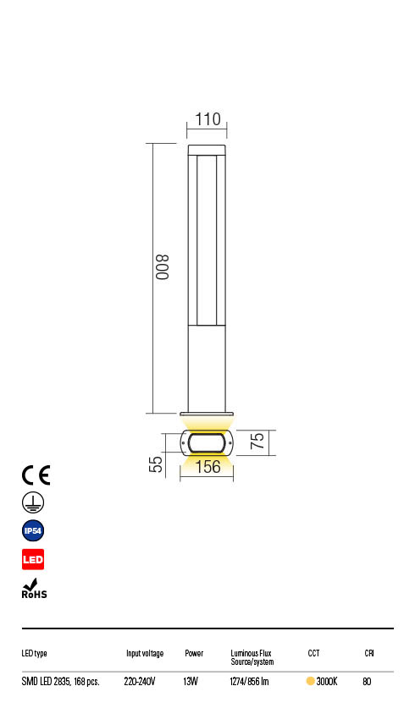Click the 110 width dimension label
(208, 119)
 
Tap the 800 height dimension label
(163, 266)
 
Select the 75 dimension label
(257, 441)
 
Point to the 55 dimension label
(156, 464)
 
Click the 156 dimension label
(208, 467)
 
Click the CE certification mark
(36, 475)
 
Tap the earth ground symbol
(33, 502)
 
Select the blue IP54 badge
(33, 531)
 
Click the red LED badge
(33, 559)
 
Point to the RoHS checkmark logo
(34, 589)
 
